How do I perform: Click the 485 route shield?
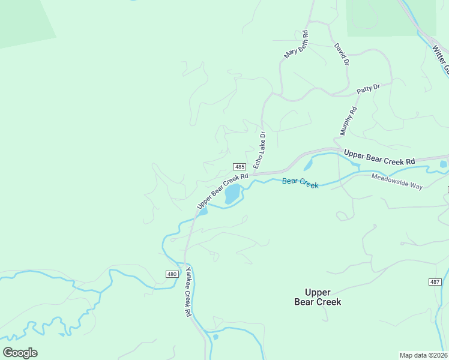coord(239,167)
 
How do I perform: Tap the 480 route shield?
coord(172,274)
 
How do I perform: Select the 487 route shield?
coord(435,282)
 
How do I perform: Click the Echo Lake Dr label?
coord(259,149)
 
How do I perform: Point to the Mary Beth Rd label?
coord(296,45)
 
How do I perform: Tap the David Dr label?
coord(342,54)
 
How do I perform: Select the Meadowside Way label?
coord(397,181)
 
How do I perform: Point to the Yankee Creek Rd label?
coord(188,292)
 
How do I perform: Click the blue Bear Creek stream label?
coord(300,182)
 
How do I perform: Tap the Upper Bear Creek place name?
coord(318,296)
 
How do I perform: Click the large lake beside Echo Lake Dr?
coord(232,194)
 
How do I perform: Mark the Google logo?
coord(20,353)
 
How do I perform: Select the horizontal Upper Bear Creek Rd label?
coord(379,158)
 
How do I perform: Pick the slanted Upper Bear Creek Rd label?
coord(222,191)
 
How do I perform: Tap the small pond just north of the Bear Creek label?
coord(308,164)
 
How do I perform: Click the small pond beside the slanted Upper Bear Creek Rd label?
coord(203,211)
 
